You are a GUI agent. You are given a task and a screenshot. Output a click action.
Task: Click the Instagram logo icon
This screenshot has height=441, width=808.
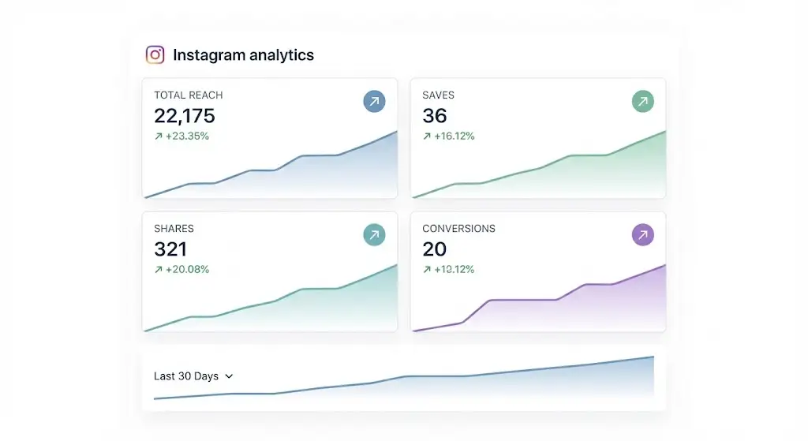(155, 54)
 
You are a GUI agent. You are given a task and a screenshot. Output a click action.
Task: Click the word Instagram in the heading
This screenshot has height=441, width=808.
(208, 55)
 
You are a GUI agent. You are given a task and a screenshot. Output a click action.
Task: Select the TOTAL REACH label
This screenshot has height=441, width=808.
(188, 95)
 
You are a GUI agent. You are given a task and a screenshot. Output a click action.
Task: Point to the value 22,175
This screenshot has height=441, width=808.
(184, 116)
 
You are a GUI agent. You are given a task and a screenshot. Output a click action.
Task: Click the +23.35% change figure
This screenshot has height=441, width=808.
(186, 136)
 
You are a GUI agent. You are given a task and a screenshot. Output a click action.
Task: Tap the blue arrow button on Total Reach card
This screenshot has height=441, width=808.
(375, 101)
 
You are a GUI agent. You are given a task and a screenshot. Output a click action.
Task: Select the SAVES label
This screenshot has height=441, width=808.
(438, 95)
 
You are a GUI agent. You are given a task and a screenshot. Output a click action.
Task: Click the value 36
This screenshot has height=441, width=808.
(435, 116)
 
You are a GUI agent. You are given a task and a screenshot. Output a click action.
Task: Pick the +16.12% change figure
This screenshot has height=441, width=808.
(453, 136)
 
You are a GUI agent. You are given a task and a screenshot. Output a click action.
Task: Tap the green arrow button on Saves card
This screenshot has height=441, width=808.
(643, 101)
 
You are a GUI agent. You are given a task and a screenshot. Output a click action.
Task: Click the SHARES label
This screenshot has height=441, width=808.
(174, 229)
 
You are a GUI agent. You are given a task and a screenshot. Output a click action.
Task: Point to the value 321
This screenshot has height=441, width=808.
(170, 249)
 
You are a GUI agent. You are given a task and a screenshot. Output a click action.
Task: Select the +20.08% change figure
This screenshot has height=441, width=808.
(186, 269)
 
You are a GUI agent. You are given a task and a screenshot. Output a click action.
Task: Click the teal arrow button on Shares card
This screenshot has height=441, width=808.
(375, 234)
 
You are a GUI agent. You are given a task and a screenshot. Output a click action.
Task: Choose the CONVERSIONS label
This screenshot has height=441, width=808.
(458, 229)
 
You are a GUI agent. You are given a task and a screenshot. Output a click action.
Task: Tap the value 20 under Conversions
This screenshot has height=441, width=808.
(435, 249)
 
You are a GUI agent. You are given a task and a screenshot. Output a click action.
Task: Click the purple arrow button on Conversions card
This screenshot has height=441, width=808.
(643, 234)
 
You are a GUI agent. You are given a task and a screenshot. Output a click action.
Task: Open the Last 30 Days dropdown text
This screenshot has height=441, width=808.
(186, 376)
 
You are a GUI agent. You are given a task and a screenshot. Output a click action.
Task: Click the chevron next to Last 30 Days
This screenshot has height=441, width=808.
(230, 377)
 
